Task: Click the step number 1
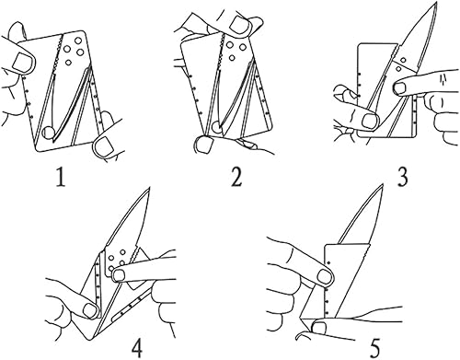point(61,178)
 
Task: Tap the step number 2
point(236,178)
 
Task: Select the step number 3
point(402,178)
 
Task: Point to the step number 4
point(137,346)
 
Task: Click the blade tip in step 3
point(436,3)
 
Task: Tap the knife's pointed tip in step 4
point(149,188)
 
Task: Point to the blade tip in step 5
point(383,185)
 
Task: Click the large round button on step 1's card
point(49,133)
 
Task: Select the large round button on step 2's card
point(216,127)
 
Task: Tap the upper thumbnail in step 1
point(22,62)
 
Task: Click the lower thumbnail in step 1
point(104,146)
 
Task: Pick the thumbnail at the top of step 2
point(241,25)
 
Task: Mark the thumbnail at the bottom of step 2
point(202,144)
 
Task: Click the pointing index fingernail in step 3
point(400,88)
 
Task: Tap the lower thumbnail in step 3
point(369,121)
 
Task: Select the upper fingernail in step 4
point(120,275)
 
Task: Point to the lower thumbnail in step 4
point(90,310)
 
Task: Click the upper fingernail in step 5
point(325,276)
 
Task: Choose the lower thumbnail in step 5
point(319,329)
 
